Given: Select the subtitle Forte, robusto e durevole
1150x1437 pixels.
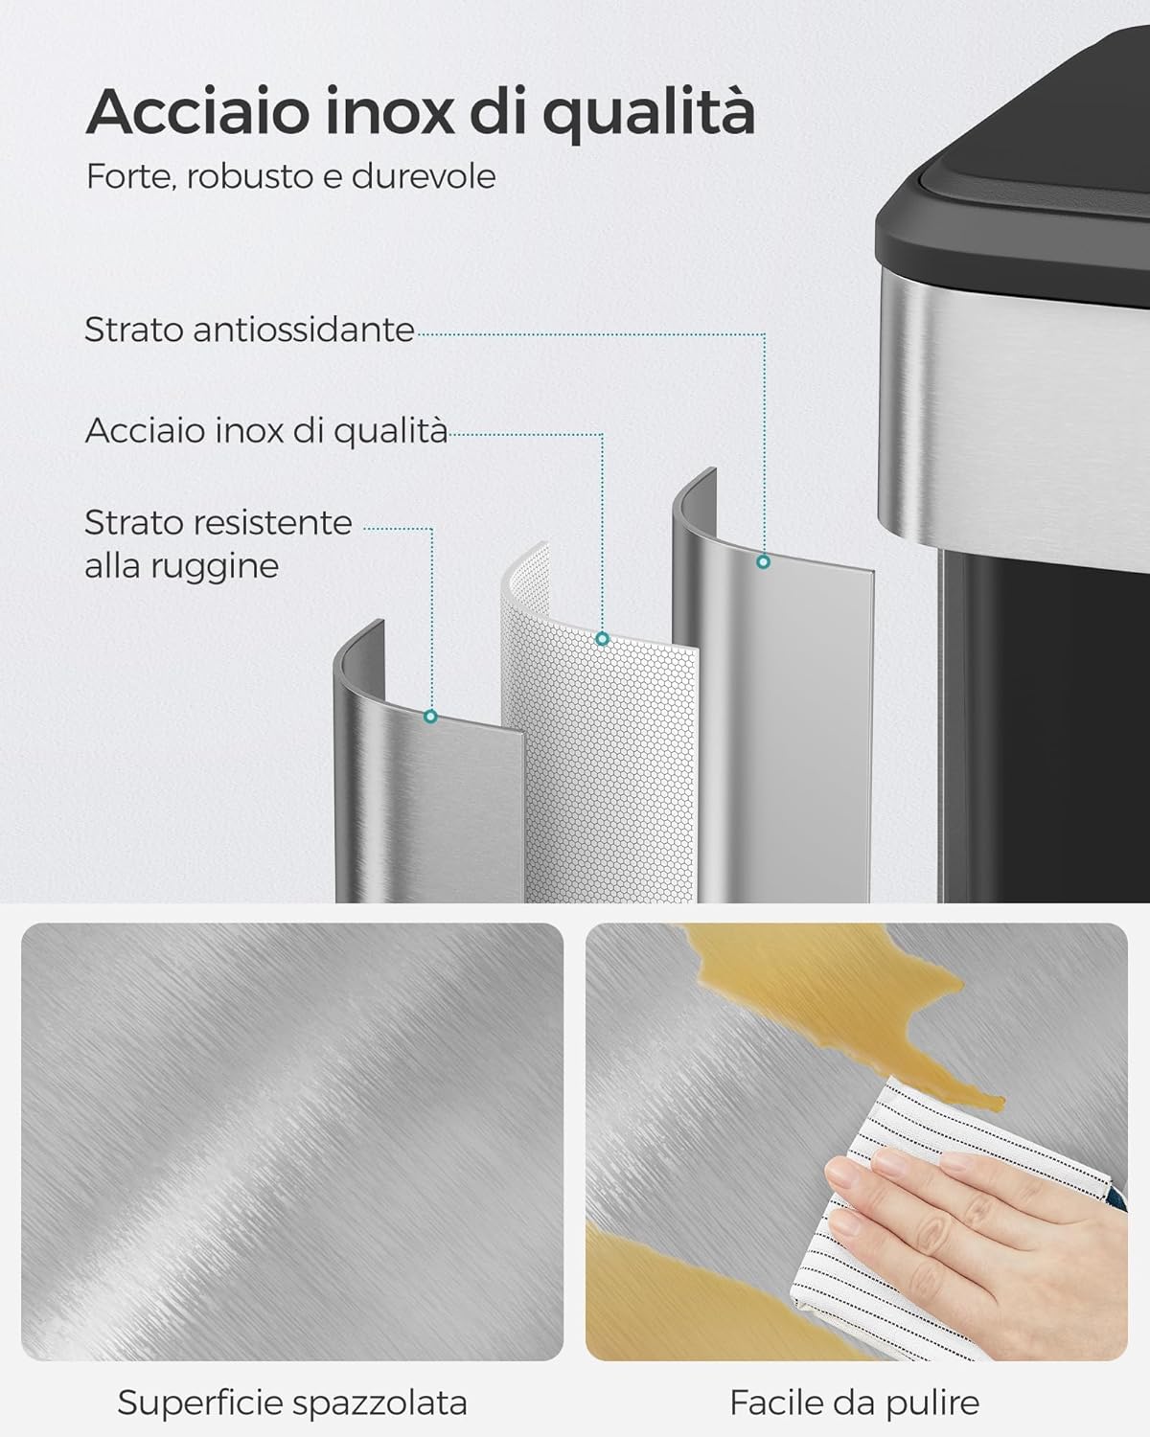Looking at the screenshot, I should [x=290, y=176].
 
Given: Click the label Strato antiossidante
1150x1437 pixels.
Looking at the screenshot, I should [x=249, y=330].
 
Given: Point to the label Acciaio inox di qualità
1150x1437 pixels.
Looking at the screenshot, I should [x=265, y=430].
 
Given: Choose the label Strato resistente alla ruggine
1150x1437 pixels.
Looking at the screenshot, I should [x=218, y=543].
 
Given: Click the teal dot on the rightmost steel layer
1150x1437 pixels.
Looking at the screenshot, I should [x=763, y=562].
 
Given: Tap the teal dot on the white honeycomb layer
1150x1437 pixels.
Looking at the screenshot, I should [x=602, y=639].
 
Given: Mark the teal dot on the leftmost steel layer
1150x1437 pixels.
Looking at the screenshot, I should [x=430, y=716].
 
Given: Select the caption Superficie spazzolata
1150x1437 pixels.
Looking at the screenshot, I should [x=292, y=1403].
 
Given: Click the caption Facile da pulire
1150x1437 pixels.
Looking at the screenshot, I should [x=854, y=1403].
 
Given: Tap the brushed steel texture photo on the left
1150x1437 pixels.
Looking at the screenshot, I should [x=292, y=1140].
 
